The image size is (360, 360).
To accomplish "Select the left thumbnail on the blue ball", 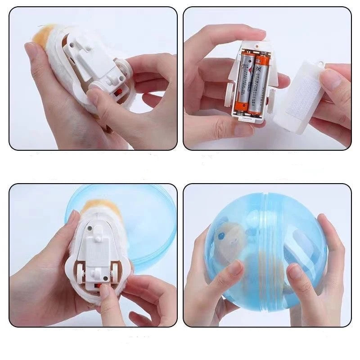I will pyautogui.click(x=234, y=269).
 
